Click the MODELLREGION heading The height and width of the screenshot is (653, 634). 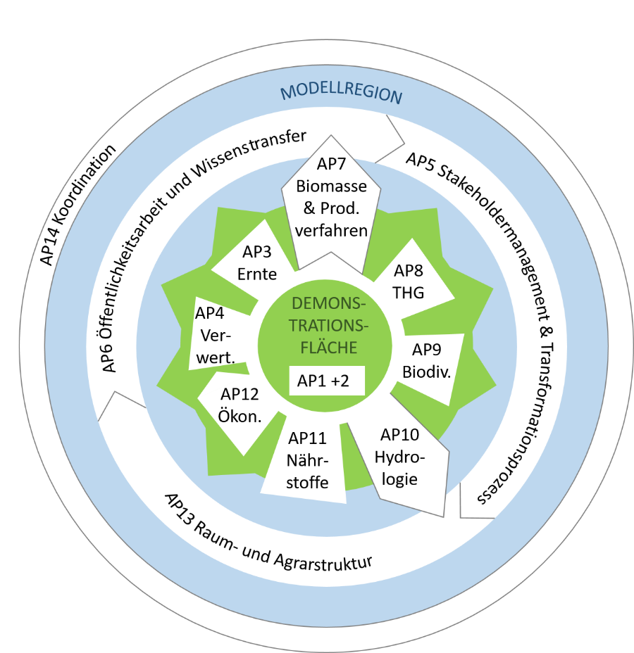click(x=342, y=94)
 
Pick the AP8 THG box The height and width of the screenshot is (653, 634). click(x=409, y=281)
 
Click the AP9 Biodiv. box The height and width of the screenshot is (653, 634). click(x=426, y=360)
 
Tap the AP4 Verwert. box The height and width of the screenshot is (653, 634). click(x=215, y=335)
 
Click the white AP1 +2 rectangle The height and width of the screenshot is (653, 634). click(x=326, y=381)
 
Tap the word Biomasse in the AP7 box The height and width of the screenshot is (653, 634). click(x=331, y=187)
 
